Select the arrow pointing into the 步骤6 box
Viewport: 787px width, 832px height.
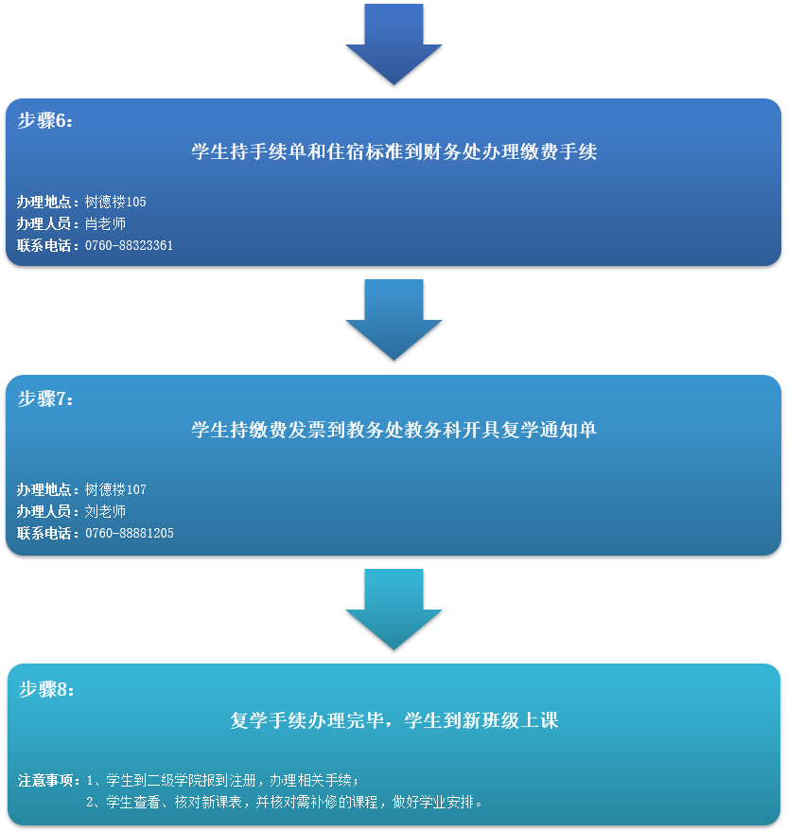393,45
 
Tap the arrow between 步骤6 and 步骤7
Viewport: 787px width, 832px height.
393,320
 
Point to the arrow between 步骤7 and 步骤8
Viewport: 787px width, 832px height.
393,609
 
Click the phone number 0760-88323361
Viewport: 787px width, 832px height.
129,245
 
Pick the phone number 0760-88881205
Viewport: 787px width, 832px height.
129,533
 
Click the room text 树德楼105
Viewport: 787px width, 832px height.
115,202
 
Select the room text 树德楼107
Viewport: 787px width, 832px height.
115,489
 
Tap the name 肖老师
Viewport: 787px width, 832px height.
105,223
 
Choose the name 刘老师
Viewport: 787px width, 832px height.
105,511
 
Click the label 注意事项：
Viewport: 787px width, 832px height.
50,781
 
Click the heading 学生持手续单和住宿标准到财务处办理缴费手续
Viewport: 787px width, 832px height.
393,151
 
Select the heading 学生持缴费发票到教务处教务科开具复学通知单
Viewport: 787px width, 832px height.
393,430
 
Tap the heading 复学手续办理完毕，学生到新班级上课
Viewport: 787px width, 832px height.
393,720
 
